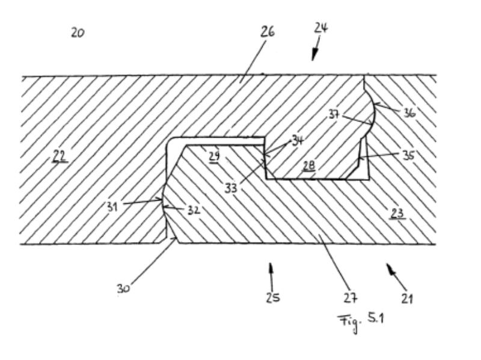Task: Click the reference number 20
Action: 77,33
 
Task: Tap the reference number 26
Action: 268,32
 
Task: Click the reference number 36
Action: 409,112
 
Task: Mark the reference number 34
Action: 296,141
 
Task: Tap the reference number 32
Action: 193,210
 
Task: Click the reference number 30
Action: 123,288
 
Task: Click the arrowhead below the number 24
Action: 313,56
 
